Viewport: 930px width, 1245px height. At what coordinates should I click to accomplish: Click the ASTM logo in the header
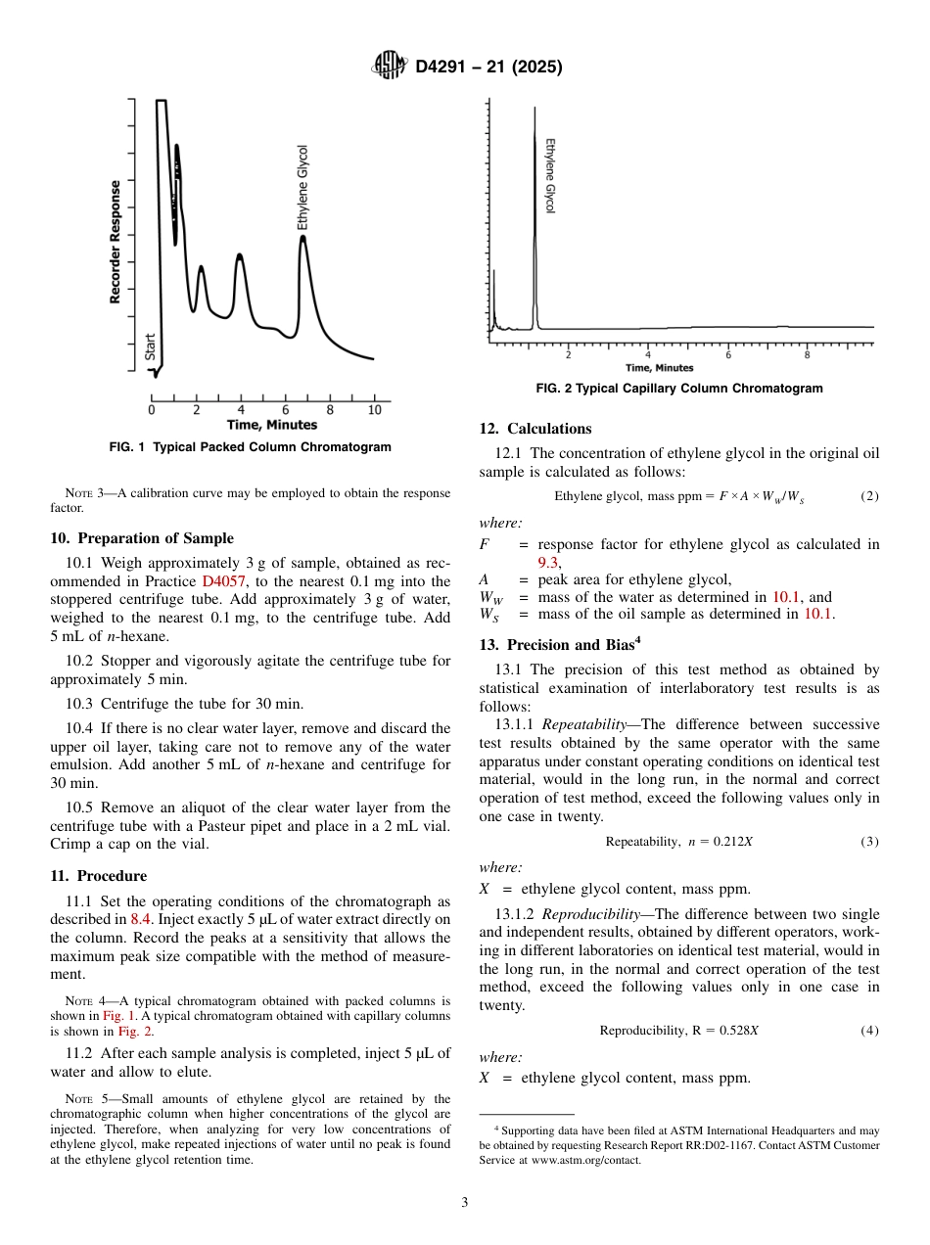pyautogui.click(x=391, y=67)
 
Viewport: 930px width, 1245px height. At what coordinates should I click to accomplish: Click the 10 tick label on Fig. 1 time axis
pyautogui.click(x=374, y=410)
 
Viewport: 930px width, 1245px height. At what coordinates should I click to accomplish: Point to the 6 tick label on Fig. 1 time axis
pyautogui.click(x=285, y=410)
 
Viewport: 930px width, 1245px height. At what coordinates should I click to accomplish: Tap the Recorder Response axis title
pyautogui.click(x=116, y=242)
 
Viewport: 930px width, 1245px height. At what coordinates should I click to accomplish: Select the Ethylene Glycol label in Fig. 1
pyautogui.click(x=302, y=188)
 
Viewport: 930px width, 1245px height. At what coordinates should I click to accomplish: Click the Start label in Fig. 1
pyautogui.click(x=151, y=346)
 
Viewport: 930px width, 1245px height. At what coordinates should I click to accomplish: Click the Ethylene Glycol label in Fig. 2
pyautogui.click(x=549, y=175)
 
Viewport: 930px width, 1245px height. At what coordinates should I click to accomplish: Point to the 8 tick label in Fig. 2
pyautogui.click(x=807, y=354)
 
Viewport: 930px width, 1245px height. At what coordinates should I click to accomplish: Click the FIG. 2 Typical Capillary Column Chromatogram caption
pyautogui.click(x=678, y=389)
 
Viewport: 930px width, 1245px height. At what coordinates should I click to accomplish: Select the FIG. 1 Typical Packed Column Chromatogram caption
pyautogui.click(x=250, y=447)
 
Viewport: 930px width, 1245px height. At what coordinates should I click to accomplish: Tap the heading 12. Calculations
pyautogui.click(x=535, y=429)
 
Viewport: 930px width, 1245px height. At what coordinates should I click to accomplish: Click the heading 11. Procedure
pyautogui.click(x=98, y=876)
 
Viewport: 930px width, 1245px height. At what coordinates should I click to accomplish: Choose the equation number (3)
pyautogui.click(x=869, y=842)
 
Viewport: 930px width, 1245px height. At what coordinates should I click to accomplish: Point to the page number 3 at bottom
pyautogui.click(x=465, y=1202)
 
